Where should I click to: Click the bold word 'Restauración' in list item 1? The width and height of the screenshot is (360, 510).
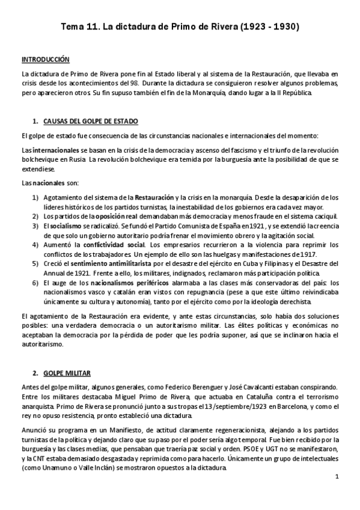(x=154, y=197)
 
